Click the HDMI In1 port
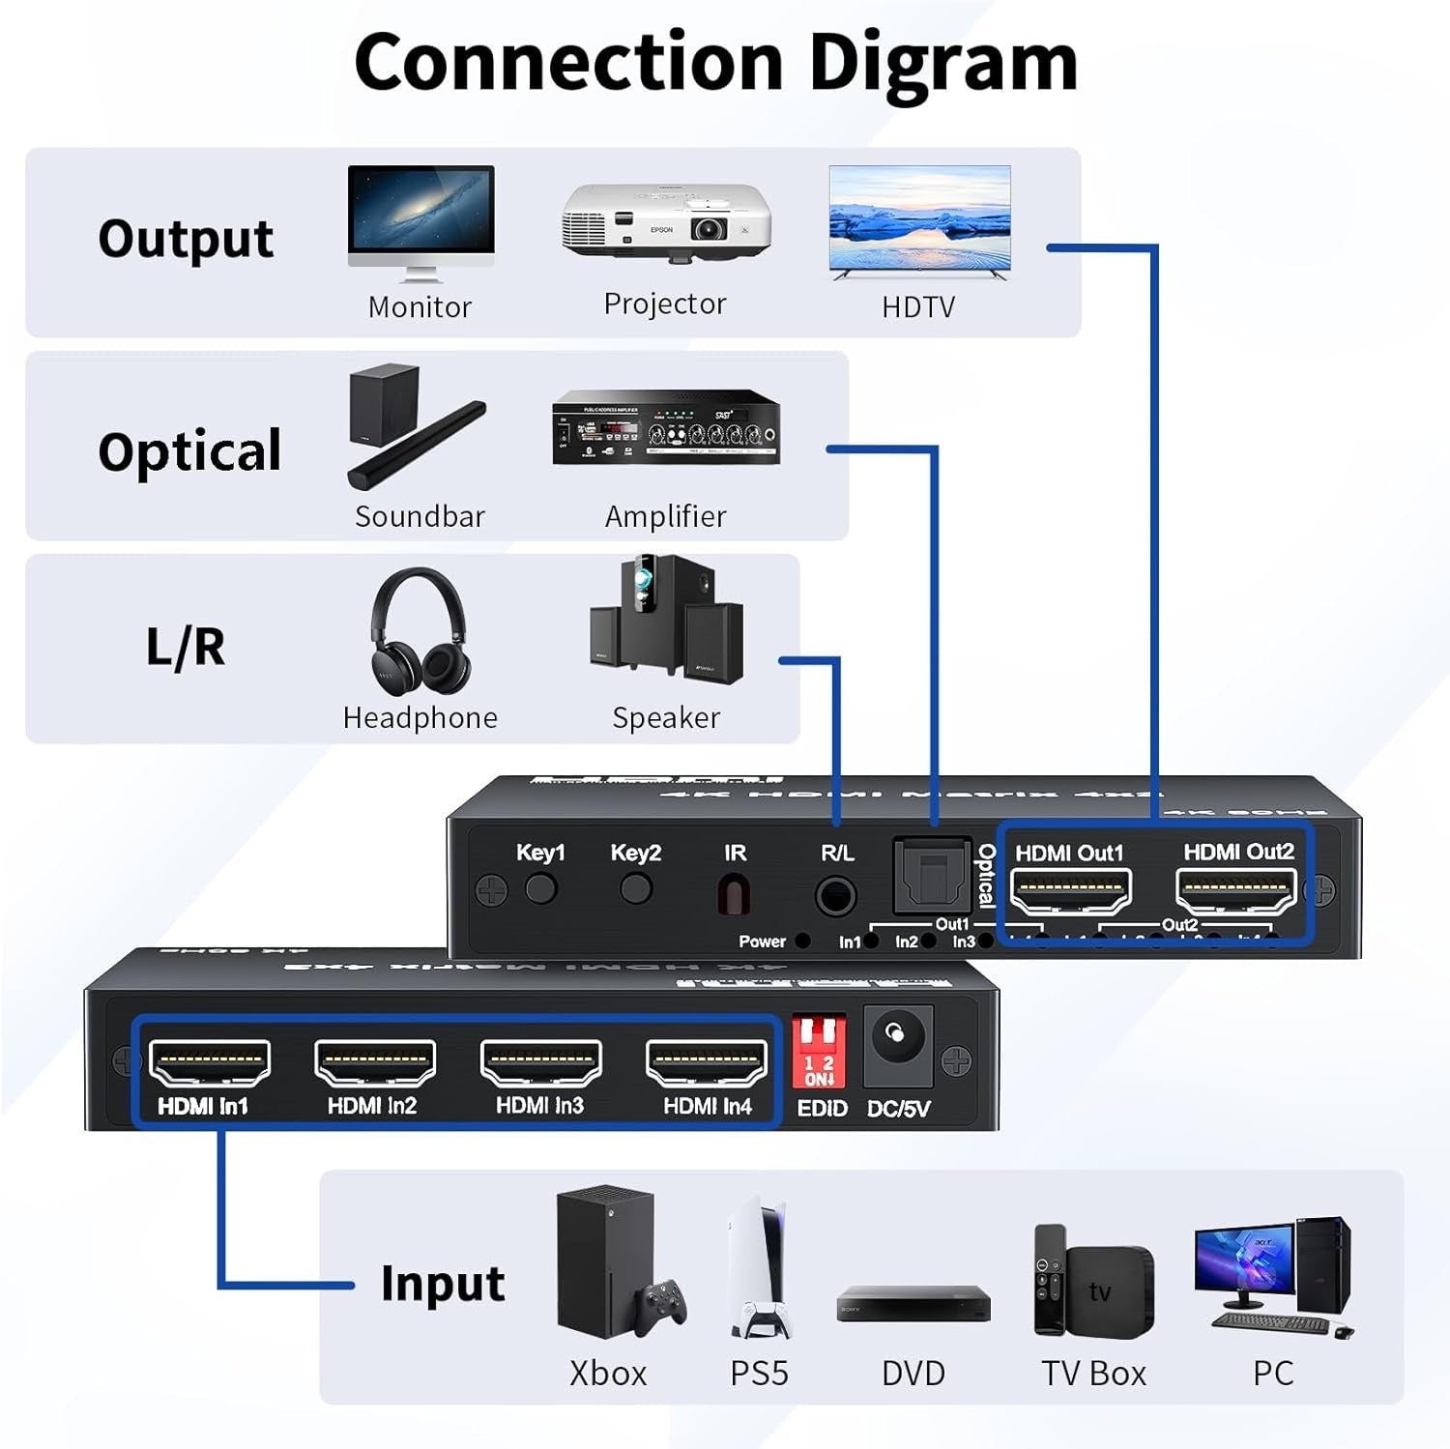click(x=210, y=1063)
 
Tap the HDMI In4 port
click(x=707, y=1063)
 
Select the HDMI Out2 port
click(x=1236, y=890)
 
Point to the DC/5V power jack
click(x=897, y=1040)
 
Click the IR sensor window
click(x=734, y=894)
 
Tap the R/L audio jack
click(x=835, y=895)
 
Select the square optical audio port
click(x=932, y=876)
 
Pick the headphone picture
click(x=420, y=631)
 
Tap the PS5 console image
click(x=760, y=1268)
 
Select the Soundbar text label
click(x=420, y=517)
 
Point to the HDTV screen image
click(x=919, y=220)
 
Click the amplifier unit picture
click(x=666, y=428)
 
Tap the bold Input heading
click(x=443, y=1285)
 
